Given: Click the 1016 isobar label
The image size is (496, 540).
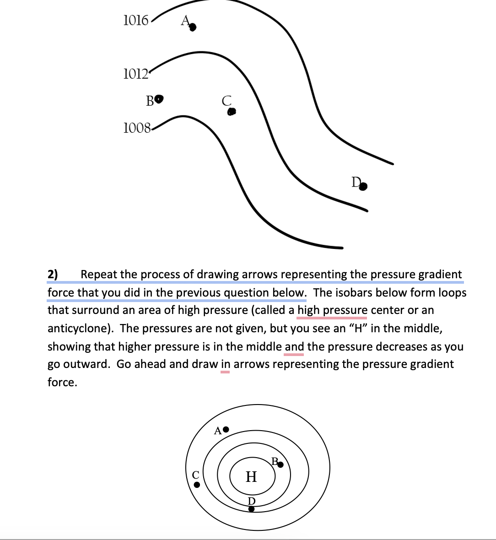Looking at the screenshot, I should (x=135, y=20).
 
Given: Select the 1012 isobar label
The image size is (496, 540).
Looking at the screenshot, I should (x=135, y=73).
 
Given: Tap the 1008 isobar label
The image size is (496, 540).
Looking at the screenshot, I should (x=137, y=128).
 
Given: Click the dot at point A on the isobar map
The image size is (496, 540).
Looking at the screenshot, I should (x=193, y=28).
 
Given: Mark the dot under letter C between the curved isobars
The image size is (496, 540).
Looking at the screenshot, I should (x=232, y=111).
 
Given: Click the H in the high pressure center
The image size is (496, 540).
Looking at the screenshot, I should (x=251, y=477).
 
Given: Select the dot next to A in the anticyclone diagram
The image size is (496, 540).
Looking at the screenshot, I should (x=226, y=430).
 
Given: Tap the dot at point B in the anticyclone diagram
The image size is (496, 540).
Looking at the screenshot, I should (x=281, y=465).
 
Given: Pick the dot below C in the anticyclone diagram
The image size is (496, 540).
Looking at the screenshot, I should (x=197, y=485).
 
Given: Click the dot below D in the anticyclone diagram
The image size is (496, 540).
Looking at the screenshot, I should (x=251, y=508).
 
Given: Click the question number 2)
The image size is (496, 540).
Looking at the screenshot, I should (x=53, y=275).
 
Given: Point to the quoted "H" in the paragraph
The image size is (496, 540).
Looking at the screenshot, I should (x=358, y=328).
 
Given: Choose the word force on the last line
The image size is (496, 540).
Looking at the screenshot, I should (x=62, y=382).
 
